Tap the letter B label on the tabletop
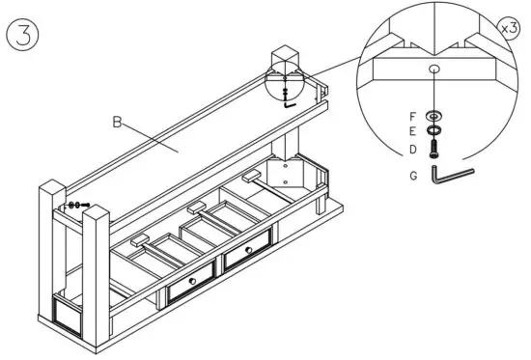tap(117, 122)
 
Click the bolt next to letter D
tap(435, 149)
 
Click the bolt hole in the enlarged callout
tap(434, 69)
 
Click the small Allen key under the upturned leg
tap(290, 106)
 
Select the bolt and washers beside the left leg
tap(77, 205)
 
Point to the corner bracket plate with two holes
tap(288, 175)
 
